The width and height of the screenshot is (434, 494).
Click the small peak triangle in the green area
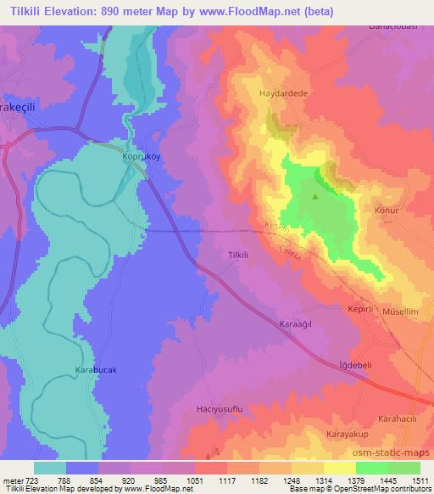[316, 197]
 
